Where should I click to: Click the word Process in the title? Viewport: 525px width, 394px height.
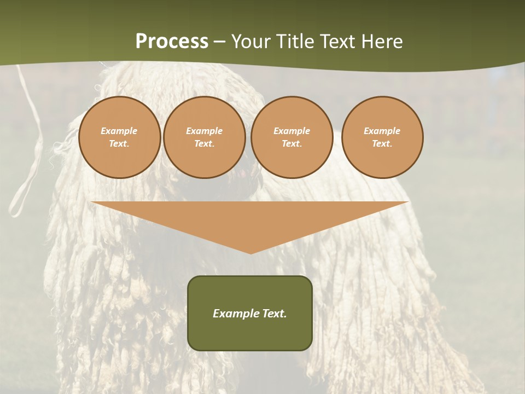coord(172,42)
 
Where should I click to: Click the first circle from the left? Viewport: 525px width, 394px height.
coord(119,137)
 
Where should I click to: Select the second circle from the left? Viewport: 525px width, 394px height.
coord(204,137)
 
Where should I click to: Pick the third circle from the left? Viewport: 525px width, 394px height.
coord(291,137)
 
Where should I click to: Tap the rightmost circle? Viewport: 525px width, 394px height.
coord(382,137)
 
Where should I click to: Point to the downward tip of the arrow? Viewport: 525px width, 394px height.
coord(250,252)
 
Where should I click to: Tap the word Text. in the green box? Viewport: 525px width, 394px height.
coord(273,314)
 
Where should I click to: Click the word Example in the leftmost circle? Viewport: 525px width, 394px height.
coord(119,131)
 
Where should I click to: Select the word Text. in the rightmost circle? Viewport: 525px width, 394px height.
coord(382,144)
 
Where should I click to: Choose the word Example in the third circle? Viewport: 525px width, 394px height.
coord(291,131)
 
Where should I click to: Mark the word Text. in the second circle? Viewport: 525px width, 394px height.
coord(204,144)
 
